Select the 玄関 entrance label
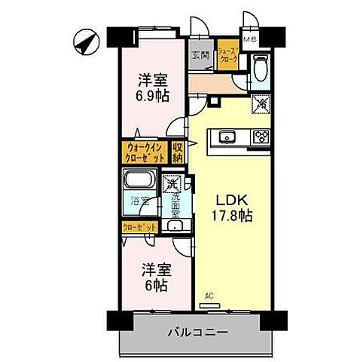pyautogui.click(x=200, y=54)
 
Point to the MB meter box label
pyautogui.click(x=249, y=40)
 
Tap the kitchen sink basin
pyautogui.click(x=227, y=137)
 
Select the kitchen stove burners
pyautogui.click(x=261, y=137)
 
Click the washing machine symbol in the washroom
pyautogui.click(x=172, y=183)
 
